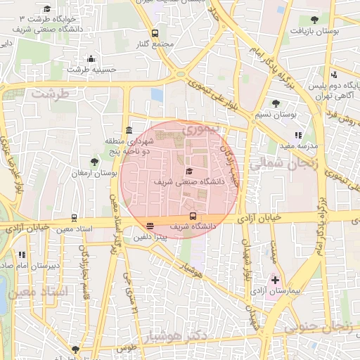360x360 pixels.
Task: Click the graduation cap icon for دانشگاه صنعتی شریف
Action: click(188, 171)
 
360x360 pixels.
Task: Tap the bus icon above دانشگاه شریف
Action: click(193, 216)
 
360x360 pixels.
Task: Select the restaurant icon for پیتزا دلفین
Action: click(150, 226)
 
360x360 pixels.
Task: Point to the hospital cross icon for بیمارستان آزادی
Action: click(275, 280)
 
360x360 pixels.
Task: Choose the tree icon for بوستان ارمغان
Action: click(94, 162)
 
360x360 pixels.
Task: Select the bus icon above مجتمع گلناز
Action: click(154, 33)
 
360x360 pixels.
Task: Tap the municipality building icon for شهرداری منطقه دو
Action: click(129, 131)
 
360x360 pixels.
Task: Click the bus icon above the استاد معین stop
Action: click(74, 218)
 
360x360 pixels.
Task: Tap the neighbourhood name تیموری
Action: click(202, 130)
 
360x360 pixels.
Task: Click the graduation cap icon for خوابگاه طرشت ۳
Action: click(47, 9)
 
